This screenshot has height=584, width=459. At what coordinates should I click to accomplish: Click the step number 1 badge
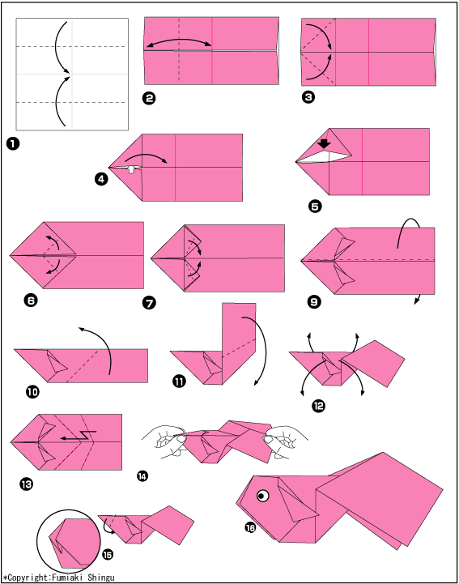pos(13,143)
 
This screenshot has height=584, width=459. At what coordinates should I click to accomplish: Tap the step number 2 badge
pos(149,98)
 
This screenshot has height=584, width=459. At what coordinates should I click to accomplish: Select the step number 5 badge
pos(315,206)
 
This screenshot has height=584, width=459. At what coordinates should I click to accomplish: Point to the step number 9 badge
pos(314,301)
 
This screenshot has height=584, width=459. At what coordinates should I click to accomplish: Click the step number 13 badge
pos(27,484)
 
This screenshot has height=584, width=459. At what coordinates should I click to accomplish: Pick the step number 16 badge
pos(250,527)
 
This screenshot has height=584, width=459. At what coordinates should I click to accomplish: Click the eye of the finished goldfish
pos(263,496)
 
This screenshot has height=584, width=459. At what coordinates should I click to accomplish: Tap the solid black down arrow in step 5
pos(325,143)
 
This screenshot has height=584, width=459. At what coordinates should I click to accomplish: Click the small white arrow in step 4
pos(130,169)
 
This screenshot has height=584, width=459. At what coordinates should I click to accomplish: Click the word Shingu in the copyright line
pos(101,578)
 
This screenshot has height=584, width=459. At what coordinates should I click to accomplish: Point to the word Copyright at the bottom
pos(28,578)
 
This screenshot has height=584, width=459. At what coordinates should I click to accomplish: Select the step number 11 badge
pos(179,381)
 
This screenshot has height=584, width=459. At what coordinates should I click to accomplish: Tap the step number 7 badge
pos(149,303)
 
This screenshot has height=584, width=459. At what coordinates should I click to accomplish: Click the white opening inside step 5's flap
pos(325,156)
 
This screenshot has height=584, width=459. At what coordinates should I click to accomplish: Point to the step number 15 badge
pos(107,555)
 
